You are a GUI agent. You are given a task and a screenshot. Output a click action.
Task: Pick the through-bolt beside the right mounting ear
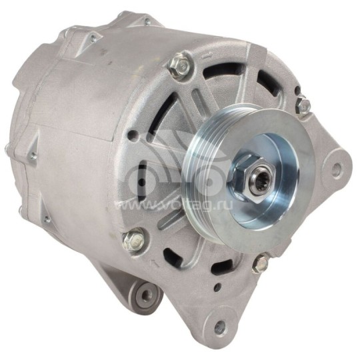[303, 105]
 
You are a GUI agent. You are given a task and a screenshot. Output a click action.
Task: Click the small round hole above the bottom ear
[217, 289]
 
